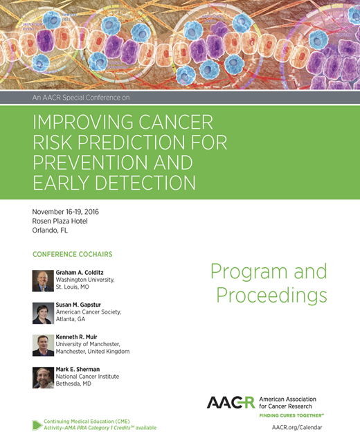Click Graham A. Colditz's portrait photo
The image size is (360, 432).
[x=43, y=280]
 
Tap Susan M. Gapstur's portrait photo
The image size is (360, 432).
[x=43, y=313]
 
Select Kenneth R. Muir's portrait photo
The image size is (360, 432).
[x=43, y=345]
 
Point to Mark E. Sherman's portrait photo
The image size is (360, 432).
[x=43, y=377]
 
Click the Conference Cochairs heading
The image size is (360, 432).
[x=72, y=253]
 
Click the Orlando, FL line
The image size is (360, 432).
[x=51, y=231]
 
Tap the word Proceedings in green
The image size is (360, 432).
[x=271, y=296]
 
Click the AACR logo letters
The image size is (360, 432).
[x=231, y=403]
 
